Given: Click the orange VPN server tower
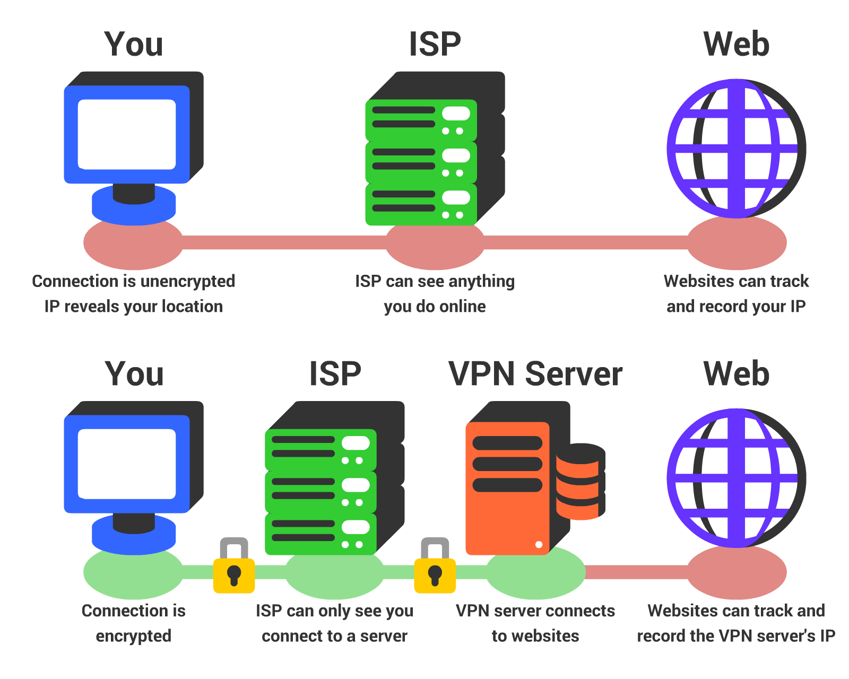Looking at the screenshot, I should (507, 488).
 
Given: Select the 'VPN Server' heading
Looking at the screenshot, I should (535, 374).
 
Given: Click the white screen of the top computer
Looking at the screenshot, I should (127, 134).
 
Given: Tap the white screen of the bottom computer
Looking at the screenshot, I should (127, 464).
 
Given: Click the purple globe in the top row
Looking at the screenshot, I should (736, 149).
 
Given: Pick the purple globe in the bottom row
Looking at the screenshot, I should (736, 478).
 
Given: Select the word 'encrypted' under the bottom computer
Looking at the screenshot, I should (133, 636).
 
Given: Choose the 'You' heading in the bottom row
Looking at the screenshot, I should (134, 374).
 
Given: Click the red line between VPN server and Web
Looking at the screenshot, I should (637, 572).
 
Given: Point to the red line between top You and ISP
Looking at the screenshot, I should (284, 243).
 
